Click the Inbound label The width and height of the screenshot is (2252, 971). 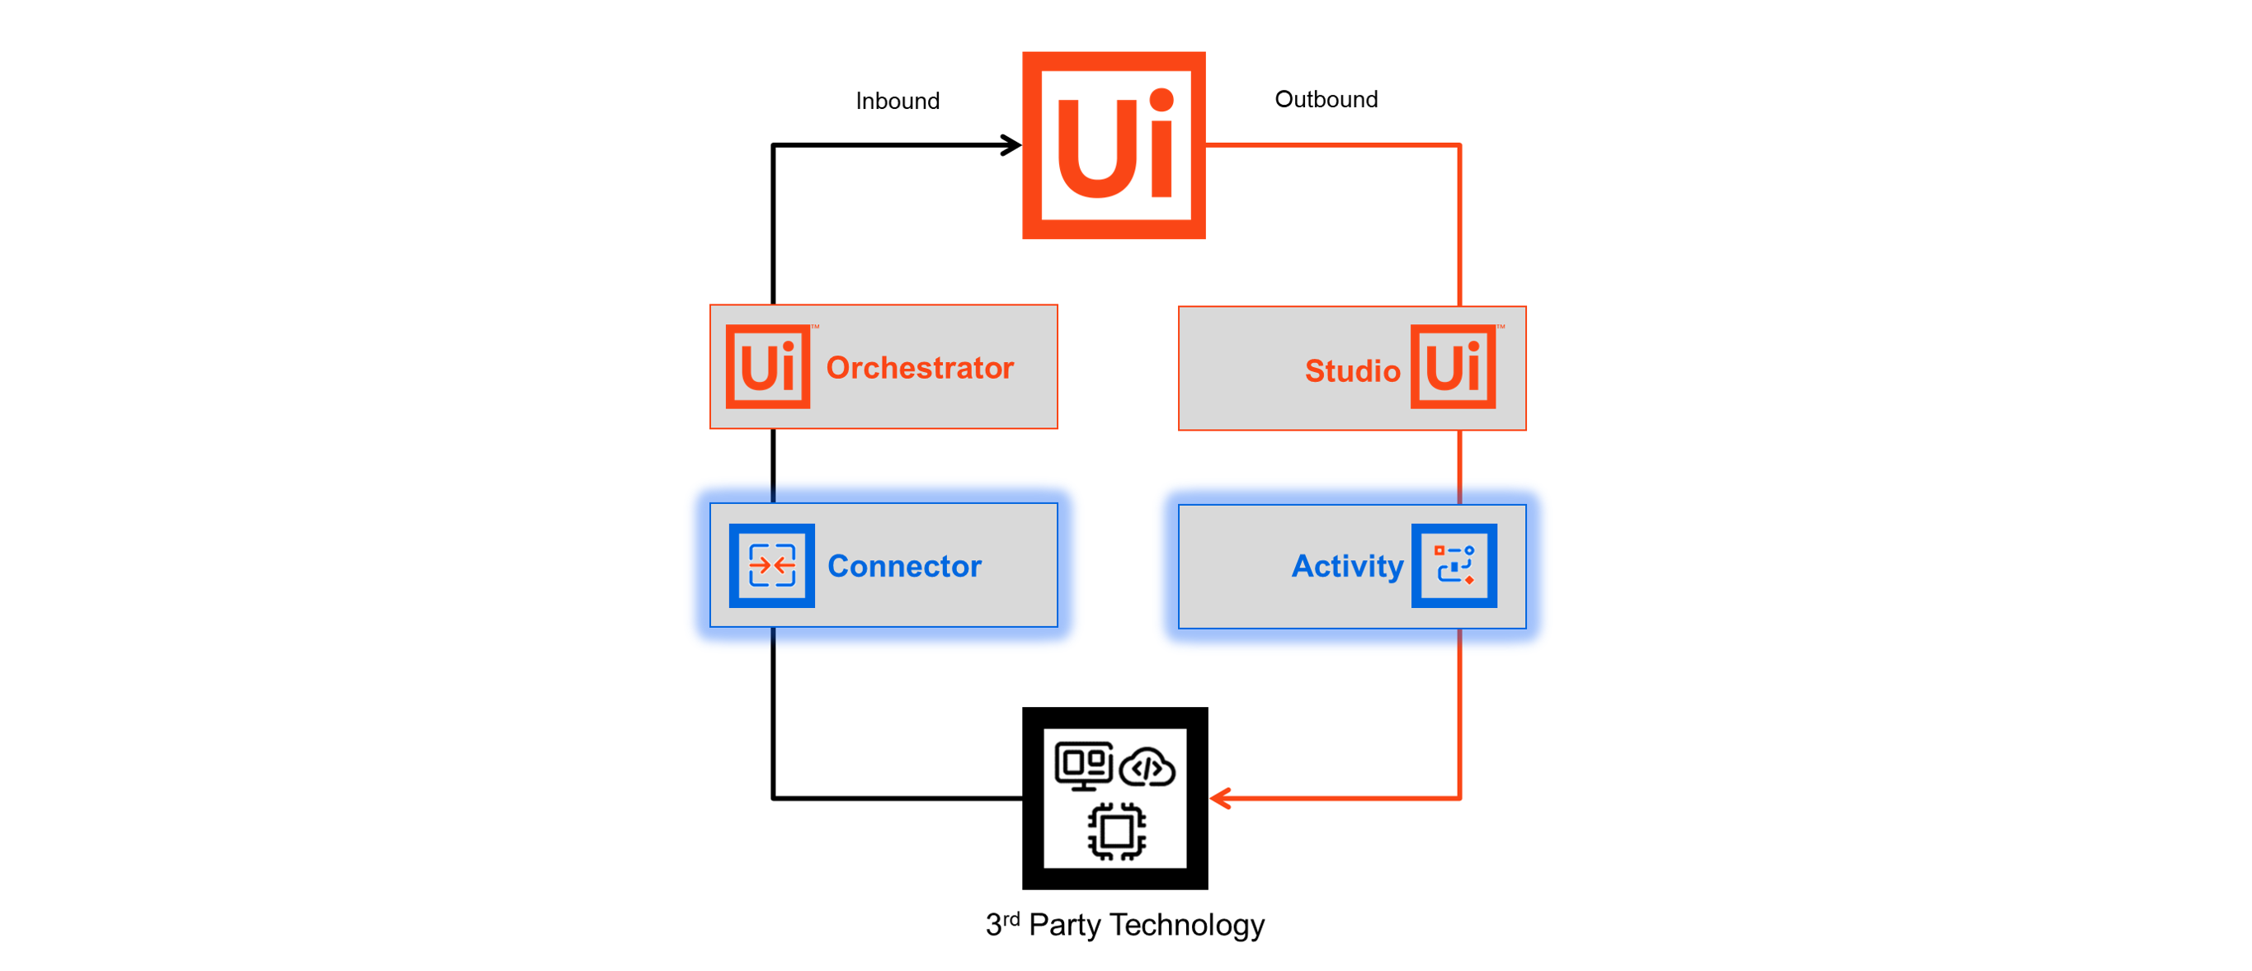[x=897, y=101]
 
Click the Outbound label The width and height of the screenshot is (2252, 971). [x=1326, y=100]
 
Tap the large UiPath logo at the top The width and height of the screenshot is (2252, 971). [x=1114, y=145]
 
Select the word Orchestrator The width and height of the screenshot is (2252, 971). [x=920, y=368]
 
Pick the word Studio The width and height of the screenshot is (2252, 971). [x=1351, y=370]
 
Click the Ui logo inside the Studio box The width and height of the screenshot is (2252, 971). [x=1453, y=367]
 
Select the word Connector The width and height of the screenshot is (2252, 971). [x=904, y=566]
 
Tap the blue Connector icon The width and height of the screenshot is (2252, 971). [x=772, y=565]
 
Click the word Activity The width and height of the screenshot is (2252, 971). [x=1347, y=566]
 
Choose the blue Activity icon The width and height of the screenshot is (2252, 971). [x=1453, y=565]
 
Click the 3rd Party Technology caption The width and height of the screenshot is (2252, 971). [x=1124, y=925]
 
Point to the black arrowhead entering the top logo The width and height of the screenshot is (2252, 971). [x=1012, y=145]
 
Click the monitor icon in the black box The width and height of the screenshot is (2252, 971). [x=1083, y=766]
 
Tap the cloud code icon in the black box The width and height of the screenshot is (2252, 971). [x=1147, y=768]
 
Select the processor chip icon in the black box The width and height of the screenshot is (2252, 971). [x=1116, y=831]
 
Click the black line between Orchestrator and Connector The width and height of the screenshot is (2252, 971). [x=774, y=466]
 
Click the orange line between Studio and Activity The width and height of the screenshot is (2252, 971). [x=1460, y=468]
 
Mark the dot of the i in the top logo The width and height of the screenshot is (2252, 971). [x=1161, y=101]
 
